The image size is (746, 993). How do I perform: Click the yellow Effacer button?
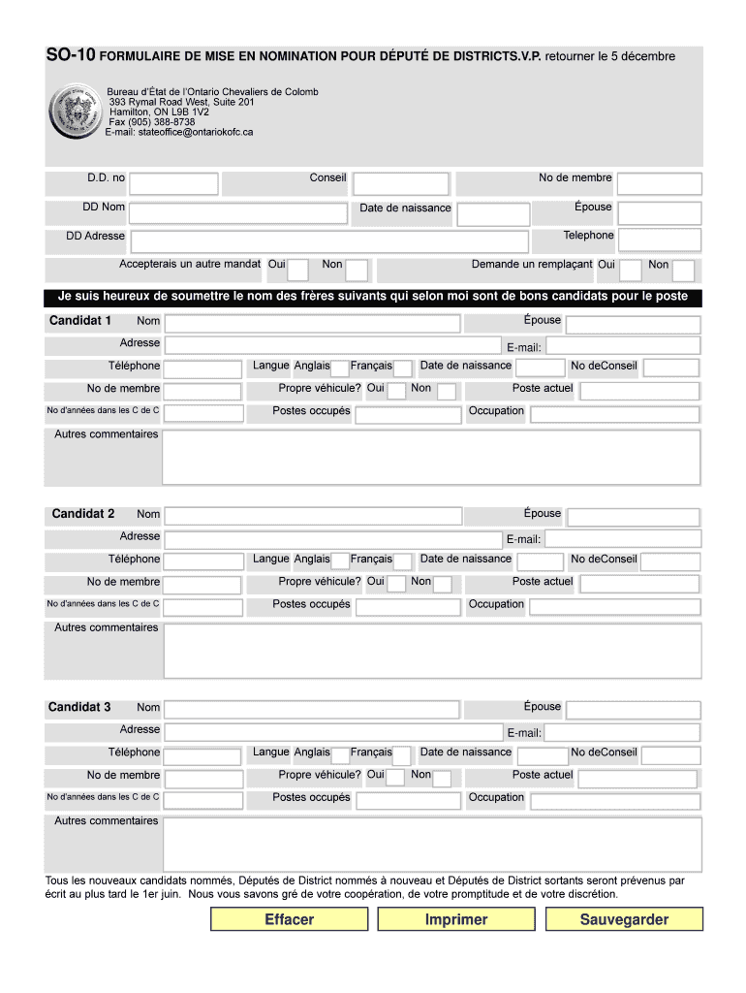point(290,919)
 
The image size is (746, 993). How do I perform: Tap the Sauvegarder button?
point(624,919)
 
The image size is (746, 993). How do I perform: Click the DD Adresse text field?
point(328,241)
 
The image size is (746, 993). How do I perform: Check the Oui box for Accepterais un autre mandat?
point(298,270)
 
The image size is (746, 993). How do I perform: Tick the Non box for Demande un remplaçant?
point(684,270)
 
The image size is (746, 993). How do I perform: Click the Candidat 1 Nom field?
point(312,324)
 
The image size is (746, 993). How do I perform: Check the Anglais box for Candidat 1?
point(340,368)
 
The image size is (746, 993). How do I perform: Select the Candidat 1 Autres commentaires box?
point(431,457)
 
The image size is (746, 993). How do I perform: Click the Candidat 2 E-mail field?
point(623,539)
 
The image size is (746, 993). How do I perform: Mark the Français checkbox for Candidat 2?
point(402,561)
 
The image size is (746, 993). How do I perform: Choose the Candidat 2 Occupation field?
point(614,608)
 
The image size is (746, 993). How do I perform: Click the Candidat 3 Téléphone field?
point(202,755)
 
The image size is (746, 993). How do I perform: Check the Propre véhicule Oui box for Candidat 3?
point(396,779)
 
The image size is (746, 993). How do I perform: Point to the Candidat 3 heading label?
point(79,707)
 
